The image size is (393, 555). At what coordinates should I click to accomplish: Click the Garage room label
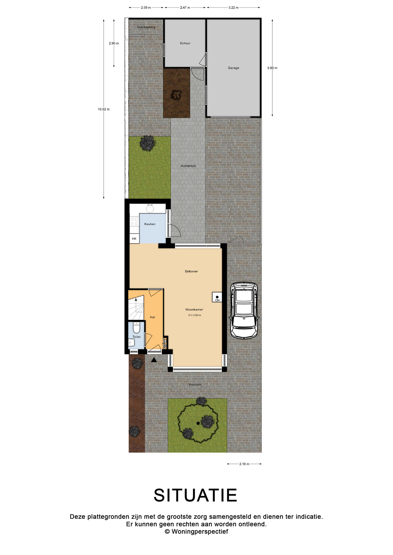pyautogui.click(x=233, y=68)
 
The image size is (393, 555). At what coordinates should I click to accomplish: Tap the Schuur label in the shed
pyautogui.click(x=185, y=43)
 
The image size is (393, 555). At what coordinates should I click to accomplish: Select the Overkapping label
pyautogui.click(x=146, y=27)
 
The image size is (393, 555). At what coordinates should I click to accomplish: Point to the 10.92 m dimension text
pyautogui.click(x=104, y=109)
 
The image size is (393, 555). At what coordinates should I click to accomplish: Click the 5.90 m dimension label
pyautogui.click(x=272, y=68)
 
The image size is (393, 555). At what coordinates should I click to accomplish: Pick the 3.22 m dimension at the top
pyautogui.click(x=233, y=8)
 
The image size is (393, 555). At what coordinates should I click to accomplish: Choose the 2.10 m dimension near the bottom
pyautogui.click(x=244, y=464)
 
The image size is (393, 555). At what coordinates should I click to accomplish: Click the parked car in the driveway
pyautogui.click(x=244, y=310)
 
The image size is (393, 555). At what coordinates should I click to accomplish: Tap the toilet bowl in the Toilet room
pyautogui.click(x=136, y=328)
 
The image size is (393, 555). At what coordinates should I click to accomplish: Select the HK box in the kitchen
pyautogui.click(x=134, y=238)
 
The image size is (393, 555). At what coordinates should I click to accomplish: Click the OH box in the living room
pyautogui.click(x=217, y=297)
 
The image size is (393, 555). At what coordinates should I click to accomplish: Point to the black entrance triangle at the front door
pyautogui.click(x=154, y=360)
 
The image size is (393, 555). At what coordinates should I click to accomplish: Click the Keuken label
pyautogui.click(x=150, y=224)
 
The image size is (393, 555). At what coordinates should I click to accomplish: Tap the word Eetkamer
pyautogui.click(x=192, y=271)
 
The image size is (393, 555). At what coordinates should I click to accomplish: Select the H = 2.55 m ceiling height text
pyautogui.click(x=195, y=315)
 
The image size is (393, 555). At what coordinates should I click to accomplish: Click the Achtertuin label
pyautogui.click(x=188, y=166)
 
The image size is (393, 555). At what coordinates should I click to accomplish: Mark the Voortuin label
pyautogui.click(x=195, y=384)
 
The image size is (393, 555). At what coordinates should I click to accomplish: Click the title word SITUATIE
pyautogui.click(x=195, y=495)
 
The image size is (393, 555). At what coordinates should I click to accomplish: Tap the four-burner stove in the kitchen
pyautogui.click(x=134, y=221)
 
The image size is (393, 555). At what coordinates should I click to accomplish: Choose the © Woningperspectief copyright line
pyautogui.click(x=197, y=531)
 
